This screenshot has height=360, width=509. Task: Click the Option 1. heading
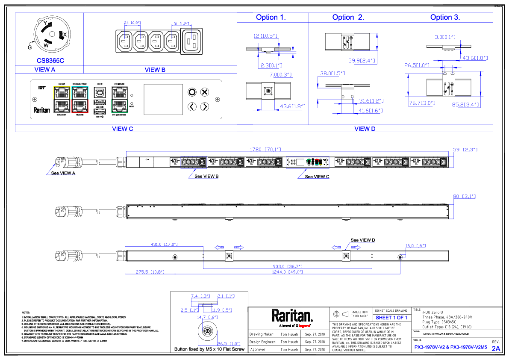tap(271, 18)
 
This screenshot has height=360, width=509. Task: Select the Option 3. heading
tap(445, 18)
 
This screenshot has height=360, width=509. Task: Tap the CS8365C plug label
tap(50, 61)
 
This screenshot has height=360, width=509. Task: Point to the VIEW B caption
tap(155, 70)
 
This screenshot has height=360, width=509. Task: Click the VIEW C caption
tap(122, 129)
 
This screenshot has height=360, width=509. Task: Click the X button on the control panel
tap(205, 91)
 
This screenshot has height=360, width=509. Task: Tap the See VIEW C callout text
tap(317, 176)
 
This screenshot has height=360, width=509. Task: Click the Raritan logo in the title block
tap(292, 316)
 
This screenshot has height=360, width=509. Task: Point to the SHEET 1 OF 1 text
tap(391, 318)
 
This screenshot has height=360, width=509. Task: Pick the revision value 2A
tap(496, 348)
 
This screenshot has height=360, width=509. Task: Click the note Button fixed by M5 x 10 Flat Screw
tap(209, 349)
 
